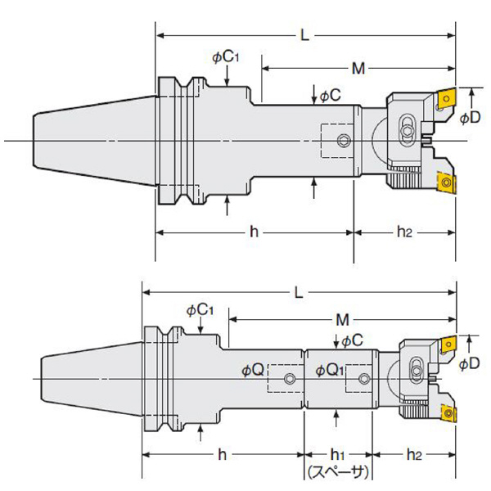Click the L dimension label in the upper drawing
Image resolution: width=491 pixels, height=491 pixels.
coord(304,36)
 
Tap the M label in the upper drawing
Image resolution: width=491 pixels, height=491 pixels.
coord(358,66)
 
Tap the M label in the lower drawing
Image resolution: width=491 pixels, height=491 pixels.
coord(343,318)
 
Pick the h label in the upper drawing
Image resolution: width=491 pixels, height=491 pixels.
coord(255,232)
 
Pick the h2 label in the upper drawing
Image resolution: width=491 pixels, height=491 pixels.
coord(404,232)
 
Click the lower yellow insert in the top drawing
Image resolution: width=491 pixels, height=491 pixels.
coord(446,182)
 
